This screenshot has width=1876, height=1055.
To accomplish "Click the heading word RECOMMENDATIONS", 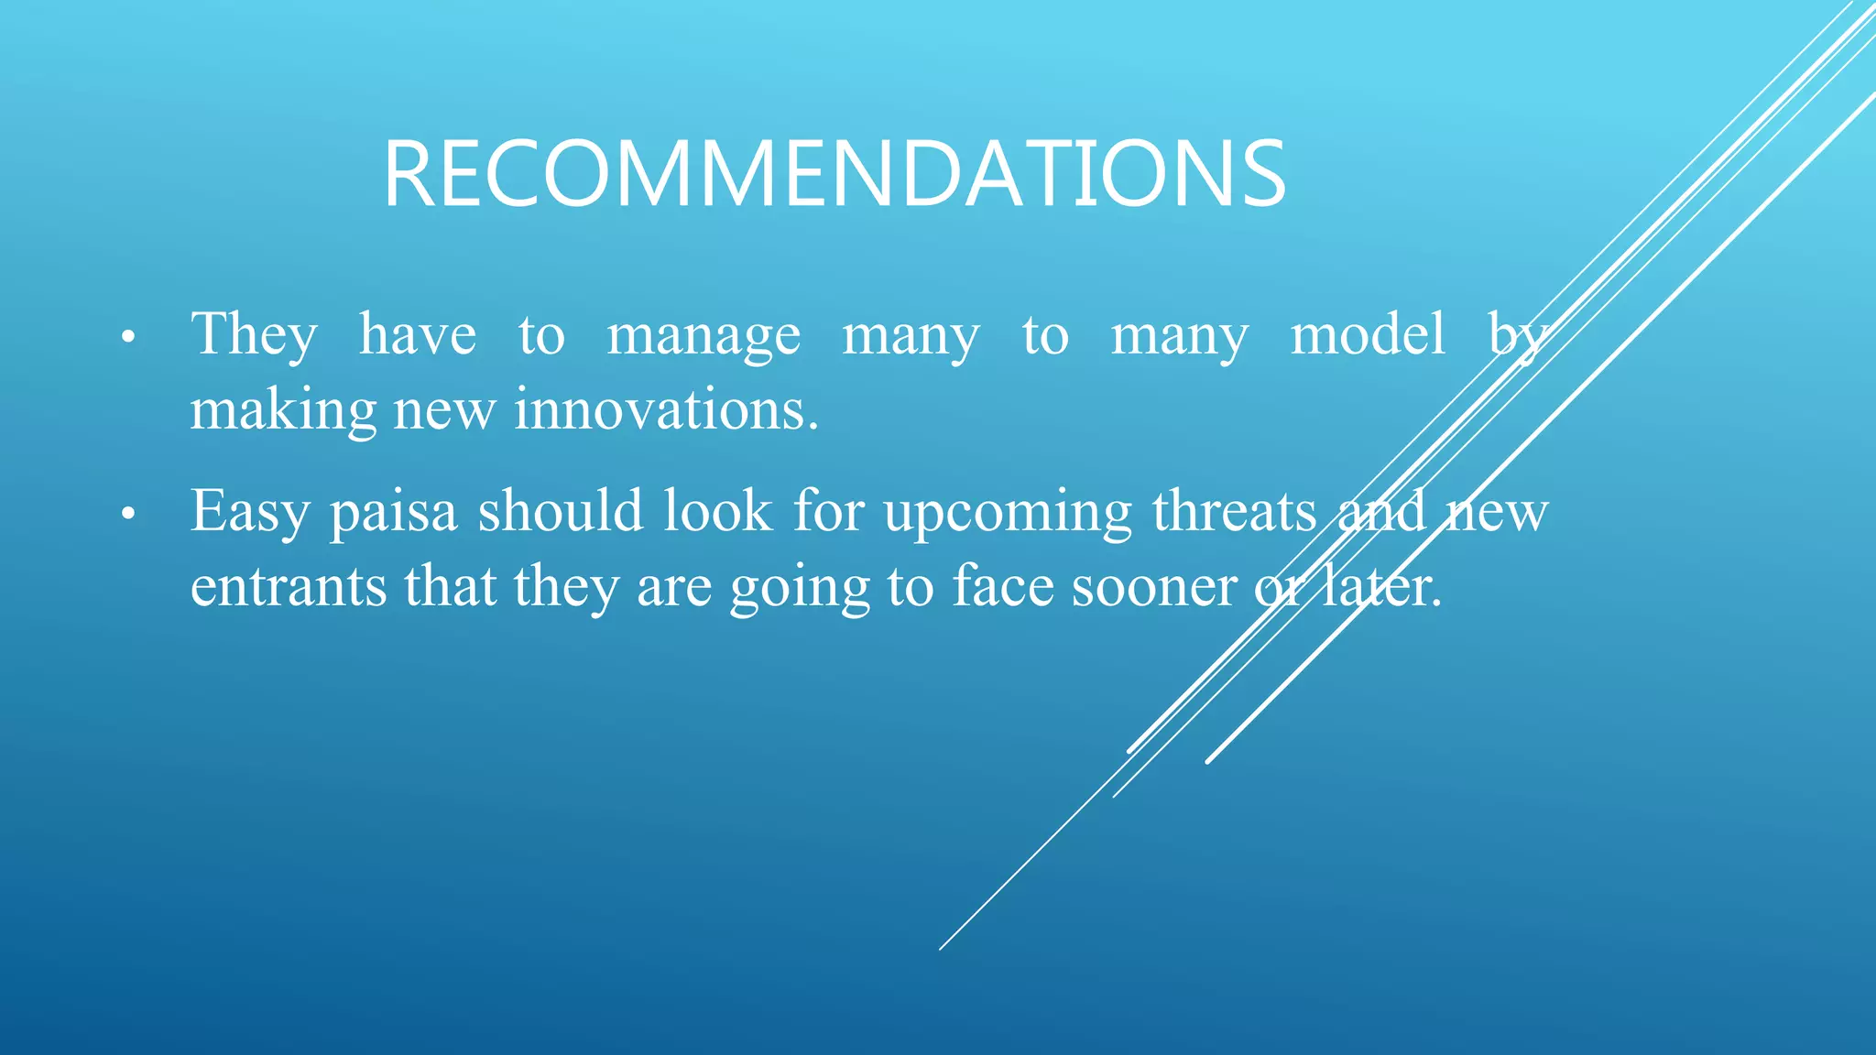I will click(834, 174).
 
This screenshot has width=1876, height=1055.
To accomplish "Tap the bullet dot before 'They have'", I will click(128, 338).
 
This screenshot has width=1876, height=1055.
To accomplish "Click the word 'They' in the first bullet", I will click(254, 334).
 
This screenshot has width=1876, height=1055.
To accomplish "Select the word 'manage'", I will click(703, 336).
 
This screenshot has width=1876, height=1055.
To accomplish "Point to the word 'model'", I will click(1368, 334).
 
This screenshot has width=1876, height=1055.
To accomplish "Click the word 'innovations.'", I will click(666, 409).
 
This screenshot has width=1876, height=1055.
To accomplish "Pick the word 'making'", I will click(283, 411).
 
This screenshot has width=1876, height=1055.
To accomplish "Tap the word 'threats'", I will click(1234, 511).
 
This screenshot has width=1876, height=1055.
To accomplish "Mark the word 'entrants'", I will click(289, 587).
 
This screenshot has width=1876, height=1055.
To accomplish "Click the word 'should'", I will click(561, 511).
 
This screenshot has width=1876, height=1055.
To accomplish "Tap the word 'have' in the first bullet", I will click(418, 334).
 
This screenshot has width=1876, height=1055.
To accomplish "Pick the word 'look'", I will click(718, 511).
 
